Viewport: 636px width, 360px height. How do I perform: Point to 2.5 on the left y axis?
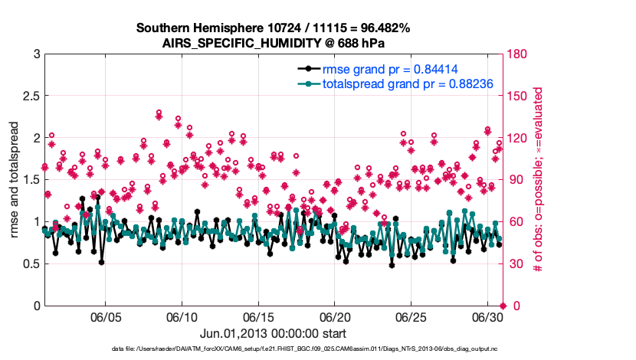click(31, 96)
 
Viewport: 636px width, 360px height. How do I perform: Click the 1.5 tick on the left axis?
click(31, 180)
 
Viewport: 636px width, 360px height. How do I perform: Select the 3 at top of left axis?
click(36, 54)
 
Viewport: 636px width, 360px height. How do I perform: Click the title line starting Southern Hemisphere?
click(273, 28)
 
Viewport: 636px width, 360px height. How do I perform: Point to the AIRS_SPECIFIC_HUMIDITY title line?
click(273, 44)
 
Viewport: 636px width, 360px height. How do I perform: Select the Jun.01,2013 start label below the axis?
click(273, 333)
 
